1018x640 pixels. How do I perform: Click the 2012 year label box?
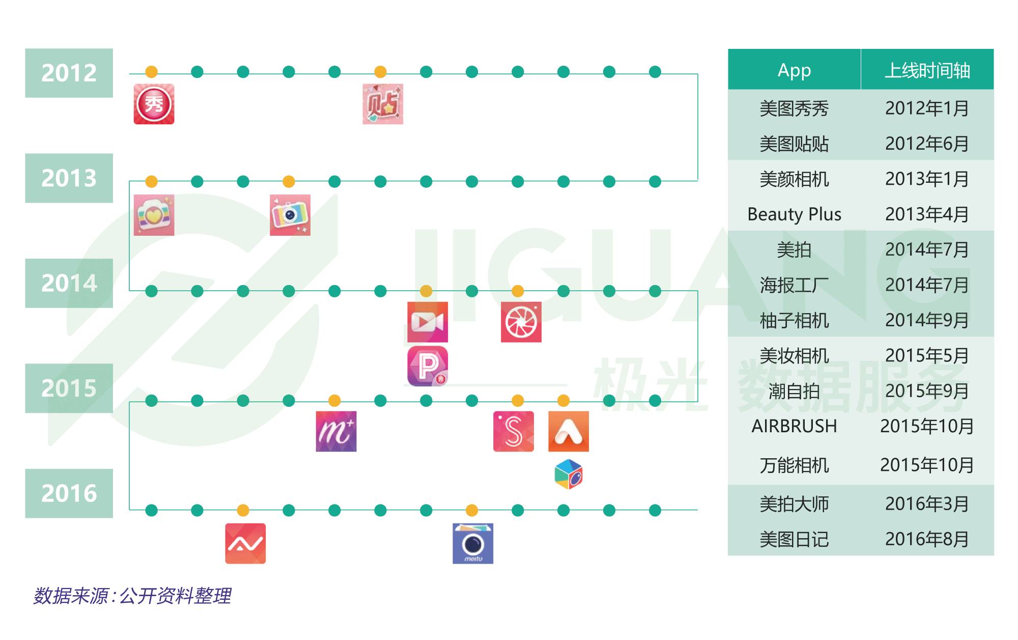[x=69, y=73]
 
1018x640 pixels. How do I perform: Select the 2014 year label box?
[x=69, y=283]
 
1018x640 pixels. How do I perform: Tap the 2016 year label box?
[x=69, y=493]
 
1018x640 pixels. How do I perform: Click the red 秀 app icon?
[x=154, y=104]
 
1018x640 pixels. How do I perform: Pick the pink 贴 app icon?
[x=383, y=104]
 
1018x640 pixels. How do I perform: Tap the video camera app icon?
[x=428, y=322]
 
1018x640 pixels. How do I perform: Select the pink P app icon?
[x=428, y=366]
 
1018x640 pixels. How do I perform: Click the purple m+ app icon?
[x=336, y=431]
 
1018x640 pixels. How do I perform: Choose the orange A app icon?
[x=568, y=431]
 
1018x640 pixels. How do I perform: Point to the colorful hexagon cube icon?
[x=568, y=474]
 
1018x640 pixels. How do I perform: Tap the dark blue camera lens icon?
[x=473, y=543]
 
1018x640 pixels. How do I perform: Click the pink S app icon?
[x=514, y=431]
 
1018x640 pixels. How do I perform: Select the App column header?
[x=794, y=70]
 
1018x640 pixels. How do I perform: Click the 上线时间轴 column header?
[x=927, y=70]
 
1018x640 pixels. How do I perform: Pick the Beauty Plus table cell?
[x=794, y=214]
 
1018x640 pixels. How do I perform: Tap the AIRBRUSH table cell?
[x=794, y=426]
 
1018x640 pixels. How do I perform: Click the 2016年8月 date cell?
[x=927, y=539]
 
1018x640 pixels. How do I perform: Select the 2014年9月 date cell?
[x=927, y=320]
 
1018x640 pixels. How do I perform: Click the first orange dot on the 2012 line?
[x=151, y=72]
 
